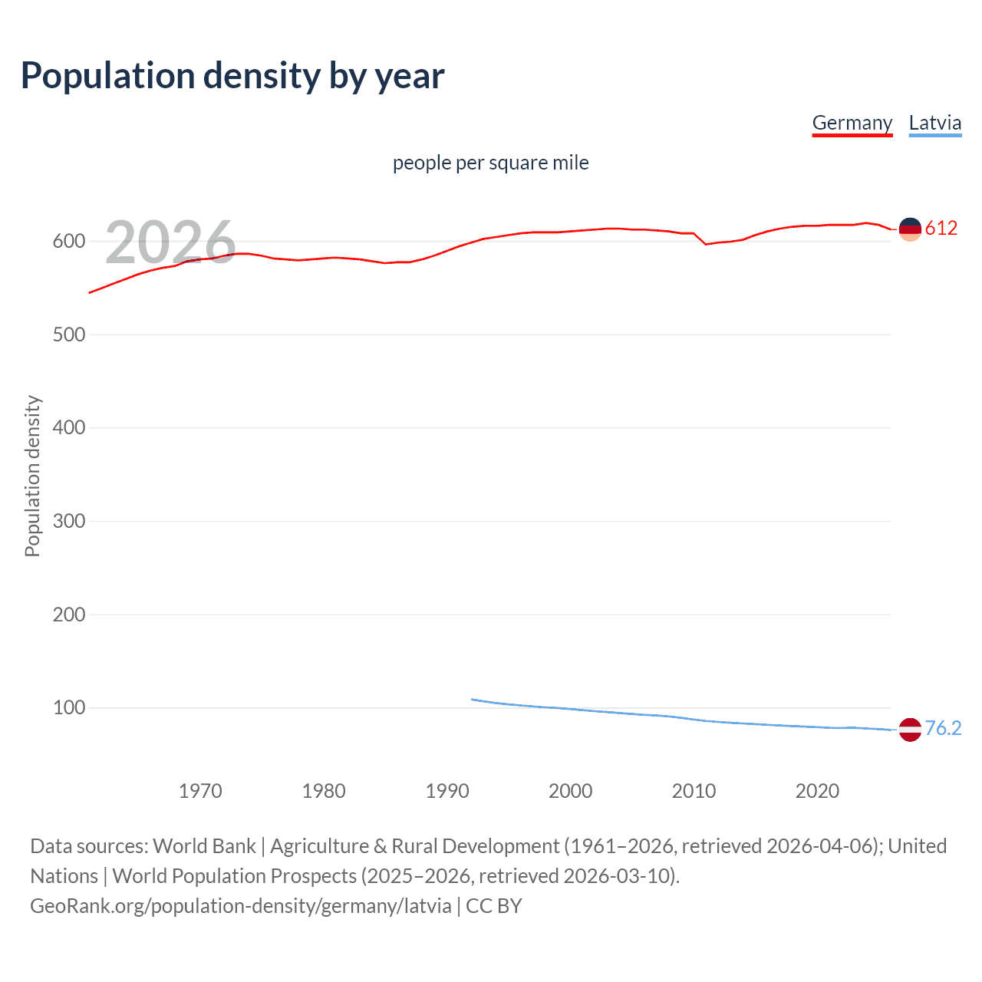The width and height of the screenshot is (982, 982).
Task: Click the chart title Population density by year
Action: [232, 76]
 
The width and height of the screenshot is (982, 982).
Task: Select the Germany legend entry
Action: [852, 123]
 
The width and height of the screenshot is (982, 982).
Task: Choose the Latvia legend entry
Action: [934, 123]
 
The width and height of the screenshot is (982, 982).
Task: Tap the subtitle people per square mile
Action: [490, 163]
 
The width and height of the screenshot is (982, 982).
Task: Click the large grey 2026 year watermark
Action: [170, 242]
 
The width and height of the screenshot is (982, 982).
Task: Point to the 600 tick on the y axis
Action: [68, 241]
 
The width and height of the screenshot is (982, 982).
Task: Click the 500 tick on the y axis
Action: [68, 334]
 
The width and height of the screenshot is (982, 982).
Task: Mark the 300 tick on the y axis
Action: [68, 521]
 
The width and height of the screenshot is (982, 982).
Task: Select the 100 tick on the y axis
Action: [68, 707]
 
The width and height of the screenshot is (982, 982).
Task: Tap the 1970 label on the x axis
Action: [200, 791]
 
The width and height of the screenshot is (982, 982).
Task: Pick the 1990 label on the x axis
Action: [447, 791]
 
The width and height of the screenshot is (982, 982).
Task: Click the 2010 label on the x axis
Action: [694, 791]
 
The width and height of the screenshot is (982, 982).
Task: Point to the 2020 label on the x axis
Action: [817, 791]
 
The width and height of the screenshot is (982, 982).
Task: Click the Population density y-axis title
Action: [32, 476]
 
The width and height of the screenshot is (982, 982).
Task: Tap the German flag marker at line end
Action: [910, 229]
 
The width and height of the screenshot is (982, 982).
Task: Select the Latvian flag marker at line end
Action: [910, 730]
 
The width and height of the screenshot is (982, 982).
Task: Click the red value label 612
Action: [941, 228]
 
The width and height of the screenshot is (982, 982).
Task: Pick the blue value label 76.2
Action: [943, 728]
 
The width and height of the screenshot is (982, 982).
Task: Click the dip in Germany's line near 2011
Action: [706, 244]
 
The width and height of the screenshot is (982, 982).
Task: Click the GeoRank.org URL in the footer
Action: [241, 906]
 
